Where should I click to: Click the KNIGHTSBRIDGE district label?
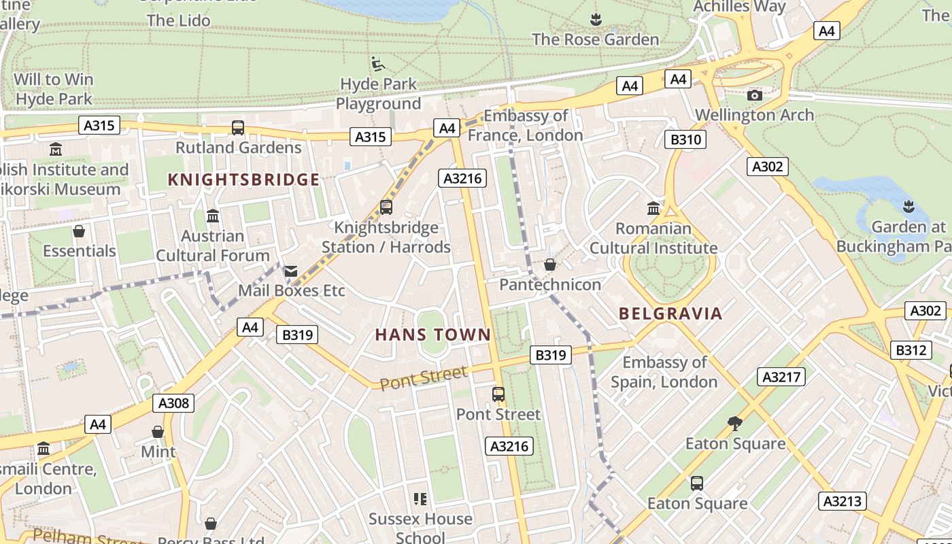pos(243,180)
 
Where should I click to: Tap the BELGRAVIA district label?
pos(670,313)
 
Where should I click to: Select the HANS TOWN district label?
pos(432,335)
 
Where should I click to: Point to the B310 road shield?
pos(685,140)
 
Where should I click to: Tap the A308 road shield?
pos(173,403)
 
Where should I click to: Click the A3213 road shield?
pos(842,501)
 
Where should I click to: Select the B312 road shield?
pos(911,350)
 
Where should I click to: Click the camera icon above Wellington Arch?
pos(754,95)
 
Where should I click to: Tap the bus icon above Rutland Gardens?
pos(238,127)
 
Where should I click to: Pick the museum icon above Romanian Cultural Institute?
pos(653,208)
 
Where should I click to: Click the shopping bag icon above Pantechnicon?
pos(549,265)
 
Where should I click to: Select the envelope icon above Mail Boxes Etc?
pos(291,271)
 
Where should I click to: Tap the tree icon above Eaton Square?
pos(734,424)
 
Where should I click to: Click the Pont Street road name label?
pos(423,377)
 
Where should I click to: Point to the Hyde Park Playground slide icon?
pos(378,65)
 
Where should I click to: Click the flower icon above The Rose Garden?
pos(596,19)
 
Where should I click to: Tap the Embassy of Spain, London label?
pos(664,372)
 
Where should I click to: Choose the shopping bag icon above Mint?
pos(158,432)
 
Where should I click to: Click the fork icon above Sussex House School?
pos(420,500)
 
